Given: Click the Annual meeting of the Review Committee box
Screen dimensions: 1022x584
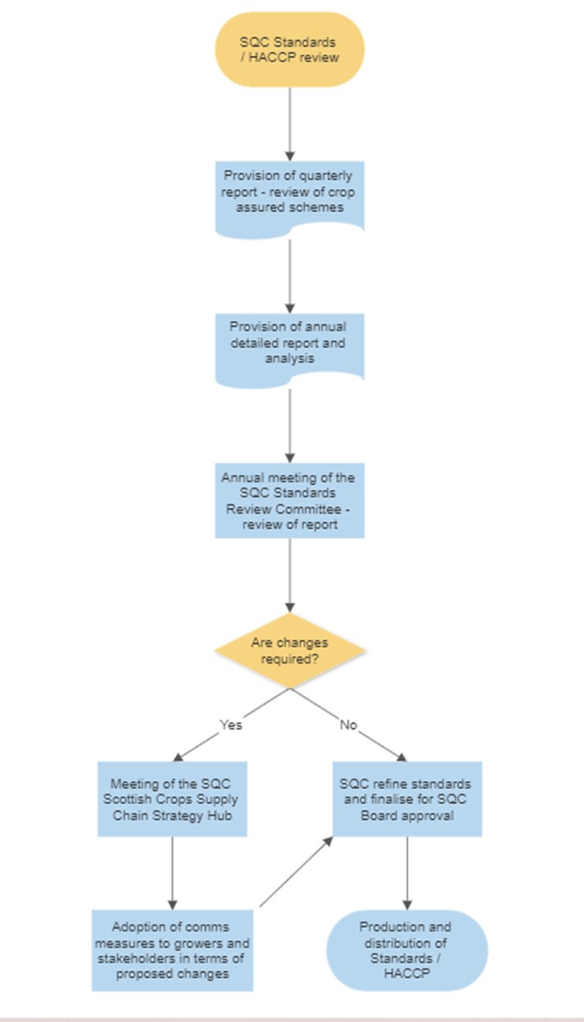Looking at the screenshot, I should pos(290,501).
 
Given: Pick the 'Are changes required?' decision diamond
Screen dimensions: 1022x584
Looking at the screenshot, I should pos(290,650).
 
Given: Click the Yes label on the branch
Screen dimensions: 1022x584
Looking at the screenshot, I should pos(230,725).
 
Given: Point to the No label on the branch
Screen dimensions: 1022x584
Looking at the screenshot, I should pos(348,725).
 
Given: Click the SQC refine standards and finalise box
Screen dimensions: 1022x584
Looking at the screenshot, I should pos(405,798).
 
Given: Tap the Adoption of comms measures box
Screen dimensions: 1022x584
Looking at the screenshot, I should pos(172,950).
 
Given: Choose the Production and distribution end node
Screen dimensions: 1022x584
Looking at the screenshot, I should pos(405,950).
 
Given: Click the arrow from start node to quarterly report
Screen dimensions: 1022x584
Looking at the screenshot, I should pos(290,123).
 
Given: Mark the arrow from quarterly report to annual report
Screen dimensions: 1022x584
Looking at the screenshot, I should pos(290,272).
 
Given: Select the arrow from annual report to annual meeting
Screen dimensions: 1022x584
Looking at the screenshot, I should pos(290,426).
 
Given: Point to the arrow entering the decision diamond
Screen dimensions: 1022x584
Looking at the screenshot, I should pos(290,576).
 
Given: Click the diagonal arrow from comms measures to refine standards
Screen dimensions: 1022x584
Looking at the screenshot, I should pos(297,870).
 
